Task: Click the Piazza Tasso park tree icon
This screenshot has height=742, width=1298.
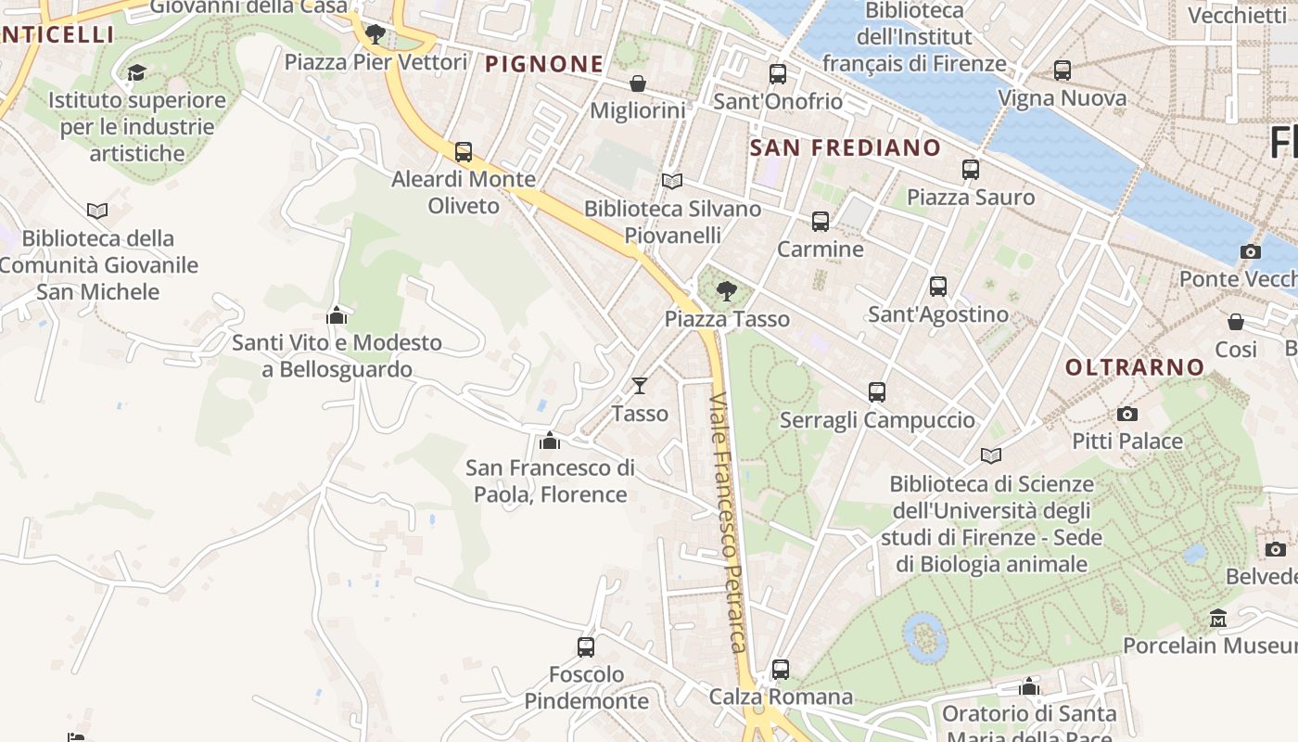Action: point(727,291)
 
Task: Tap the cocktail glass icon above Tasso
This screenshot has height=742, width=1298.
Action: point(639,385)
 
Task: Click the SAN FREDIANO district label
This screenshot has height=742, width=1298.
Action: point(845,147)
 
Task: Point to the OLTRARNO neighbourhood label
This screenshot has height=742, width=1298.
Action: point(1134,367)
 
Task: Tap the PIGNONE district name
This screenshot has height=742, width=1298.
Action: point(544,64)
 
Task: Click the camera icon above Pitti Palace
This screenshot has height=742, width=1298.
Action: point(1127,414)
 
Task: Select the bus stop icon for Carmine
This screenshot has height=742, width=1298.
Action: point(821,222)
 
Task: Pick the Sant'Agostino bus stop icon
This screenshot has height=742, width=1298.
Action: point(938,287)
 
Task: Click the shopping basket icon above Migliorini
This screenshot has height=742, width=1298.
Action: point(638,83)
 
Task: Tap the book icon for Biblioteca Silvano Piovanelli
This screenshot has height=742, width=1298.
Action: point(672,181)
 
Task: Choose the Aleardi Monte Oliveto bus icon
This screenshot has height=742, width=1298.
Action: point(464,152)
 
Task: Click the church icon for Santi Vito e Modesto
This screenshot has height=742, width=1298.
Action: point(337,315)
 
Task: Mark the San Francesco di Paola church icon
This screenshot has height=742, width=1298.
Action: point(550,440)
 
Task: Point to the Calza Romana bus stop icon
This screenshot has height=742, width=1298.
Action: point(781,670)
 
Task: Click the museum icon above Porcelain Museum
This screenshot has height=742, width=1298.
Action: point(1218,618)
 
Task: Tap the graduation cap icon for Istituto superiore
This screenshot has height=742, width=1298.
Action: point(137,72)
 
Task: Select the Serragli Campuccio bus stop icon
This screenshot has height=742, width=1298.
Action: point(877,392)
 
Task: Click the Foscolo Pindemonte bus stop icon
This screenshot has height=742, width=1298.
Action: point(586,647)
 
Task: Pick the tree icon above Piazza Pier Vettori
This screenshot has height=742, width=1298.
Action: point(375,34)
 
